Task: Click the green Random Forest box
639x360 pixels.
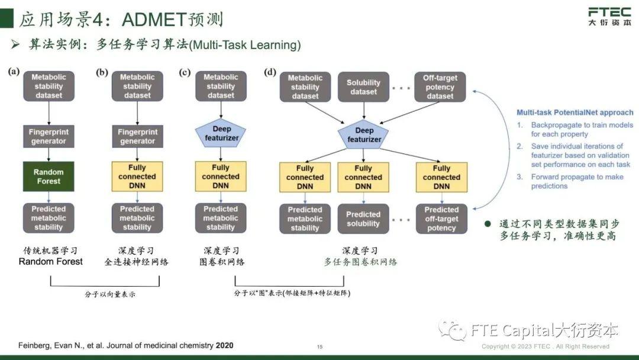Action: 49,176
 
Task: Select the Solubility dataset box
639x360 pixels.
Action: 363,87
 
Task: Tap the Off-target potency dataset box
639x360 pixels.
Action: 441,87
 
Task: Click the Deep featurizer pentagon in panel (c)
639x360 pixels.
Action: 221,133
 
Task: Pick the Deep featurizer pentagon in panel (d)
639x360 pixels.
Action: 364,134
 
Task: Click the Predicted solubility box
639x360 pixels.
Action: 363,218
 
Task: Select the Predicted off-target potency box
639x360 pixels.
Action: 441,218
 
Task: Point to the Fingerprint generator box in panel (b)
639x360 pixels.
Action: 137,136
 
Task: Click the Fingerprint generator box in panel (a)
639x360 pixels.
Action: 49,136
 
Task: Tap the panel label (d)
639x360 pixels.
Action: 270,72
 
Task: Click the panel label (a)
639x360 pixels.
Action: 14,72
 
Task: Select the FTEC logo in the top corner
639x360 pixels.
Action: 609,17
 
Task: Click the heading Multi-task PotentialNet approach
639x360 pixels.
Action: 575,112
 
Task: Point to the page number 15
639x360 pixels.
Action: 319,347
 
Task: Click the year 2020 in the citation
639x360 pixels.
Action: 224,345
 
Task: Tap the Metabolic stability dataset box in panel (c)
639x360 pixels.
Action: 221,86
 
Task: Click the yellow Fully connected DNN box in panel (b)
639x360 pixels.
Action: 137,176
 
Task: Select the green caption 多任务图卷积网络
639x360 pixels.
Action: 360,262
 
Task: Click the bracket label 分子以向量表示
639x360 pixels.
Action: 111,294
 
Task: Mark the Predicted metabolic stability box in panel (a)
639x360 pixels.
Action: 49,218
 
